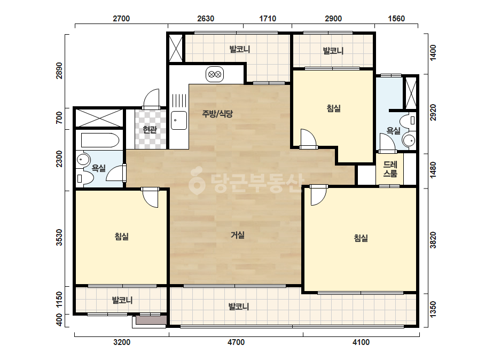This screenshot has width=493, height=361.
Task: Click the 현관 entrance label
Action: [x=150, y=130]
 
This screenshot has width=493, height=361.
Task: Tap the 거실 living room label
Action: [x=238, y=235]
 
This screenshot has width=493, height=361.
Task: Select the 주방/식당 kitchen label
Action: [x=217, y=114]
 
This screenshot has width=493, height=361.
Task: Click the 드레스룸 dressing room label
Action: [x=390, y=169]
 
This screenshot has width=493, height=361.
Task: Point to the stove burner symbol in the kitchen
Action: [x=215, y=75]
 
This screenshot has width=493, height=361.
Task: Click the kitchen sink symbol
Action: [x=178, y=120]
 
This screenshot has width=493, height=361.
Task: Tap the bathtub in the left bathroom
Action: [x=100, y=140]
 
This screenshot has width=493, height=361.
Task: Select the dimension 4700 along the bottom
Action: [x=236, y=342]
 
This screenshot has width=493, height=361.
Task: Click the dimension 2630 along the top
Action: [x=206, y=19]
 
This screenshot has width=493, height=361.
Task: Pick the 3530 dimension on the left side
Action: [x=59, y=238]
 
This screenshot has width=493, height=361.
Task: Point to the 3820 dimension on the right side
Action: [x=433, y=240]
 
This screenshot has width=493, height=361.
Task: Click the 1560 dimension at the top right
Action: [x=396, y=19]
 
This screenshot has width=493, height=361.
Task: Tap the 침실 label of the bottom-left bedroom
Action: [x=122, y=236]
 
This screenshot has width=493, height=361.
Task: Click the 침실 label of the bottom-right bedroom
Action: [x=361, y=238]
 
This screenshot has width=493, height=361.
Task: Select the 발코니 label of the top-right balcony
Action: [x=333, y=51]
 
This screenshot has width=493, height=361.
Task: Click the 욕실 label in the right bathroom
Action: [x=393, y=130]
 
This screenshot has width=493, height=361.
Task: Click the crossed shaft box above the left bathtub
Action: [x=99, y=118]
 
